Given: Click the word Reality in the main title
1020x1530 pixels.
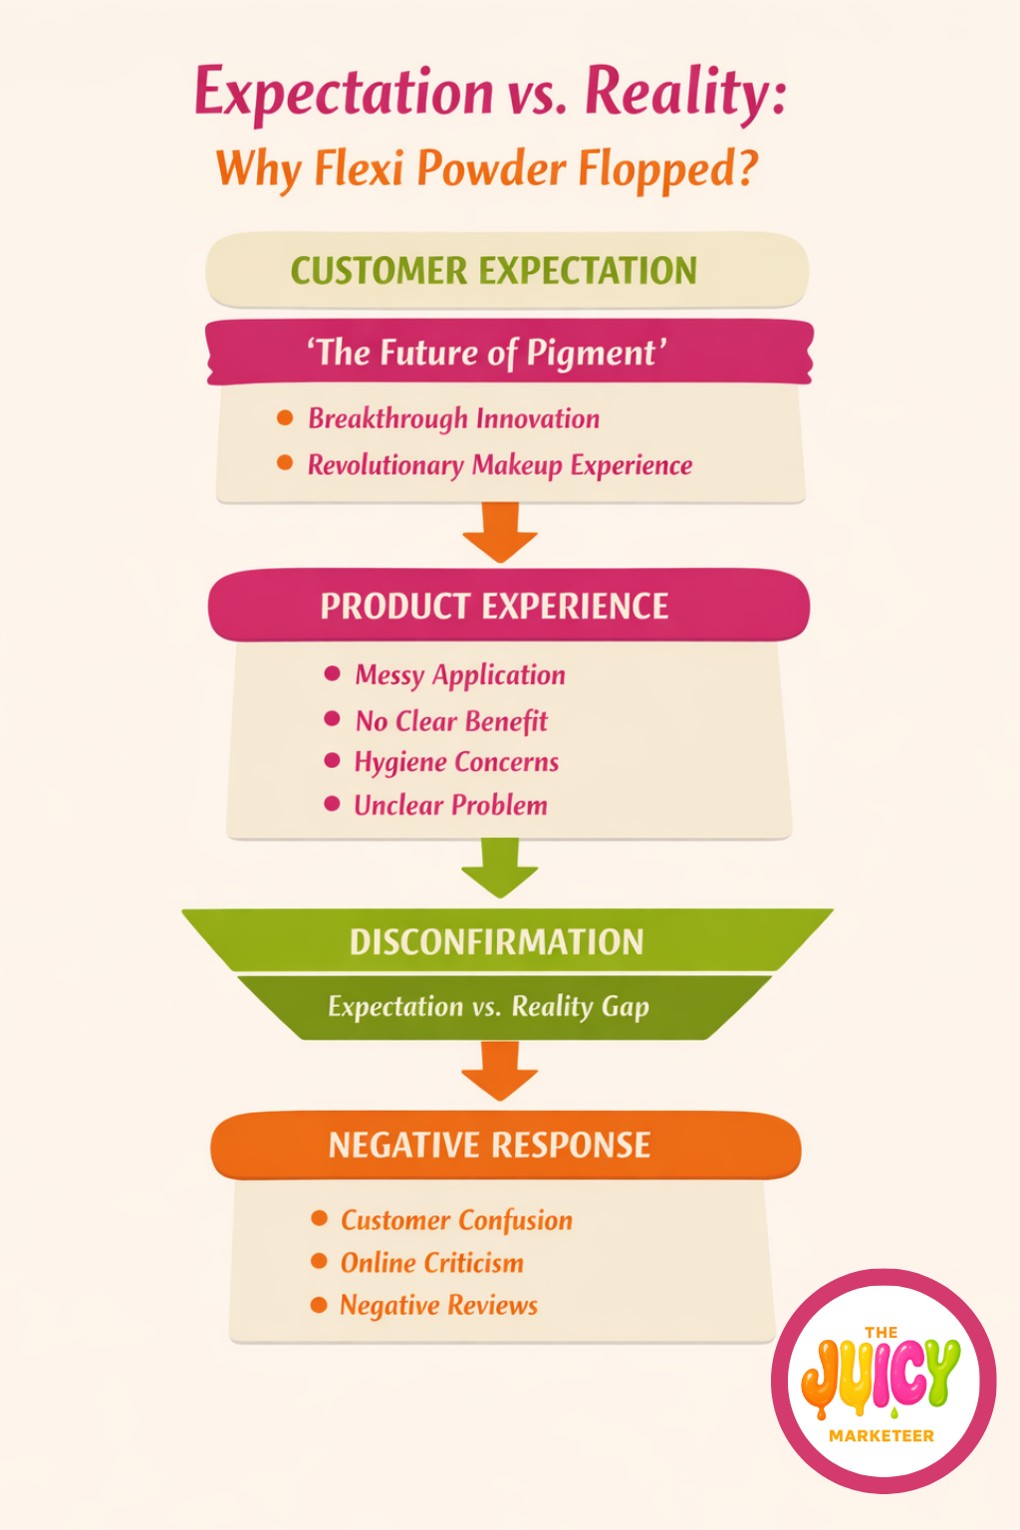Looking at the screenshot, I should (x=685, y=93).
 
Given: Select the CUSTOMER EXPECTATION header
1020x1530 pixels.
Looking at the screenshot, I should (x=494, y=271).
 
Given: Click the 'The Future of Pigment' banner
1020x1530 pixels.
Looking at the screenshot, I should (x=486, y=353).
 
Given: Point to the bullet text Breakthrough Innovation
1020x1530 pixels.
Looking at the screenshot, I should (x=454, y=418).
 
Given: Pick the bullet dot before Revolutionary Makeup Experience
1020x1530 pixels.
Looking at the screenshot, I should (x=285, y=463).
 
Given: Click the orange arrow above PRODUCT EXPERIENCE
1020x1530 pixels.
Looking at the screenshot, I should (x=500, y=532).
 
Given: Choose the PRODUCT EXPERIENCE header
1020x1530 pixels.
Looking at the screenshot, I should (x=494, y=606).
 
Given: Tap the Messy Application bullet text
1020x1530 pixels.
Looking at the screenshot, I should (x=460, y=675).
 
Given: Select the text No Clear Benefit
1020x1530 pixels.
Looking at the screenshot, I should (x=451, y=721).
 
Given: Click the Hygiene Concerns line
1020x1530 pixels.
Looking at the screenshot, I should (x=456, y=762).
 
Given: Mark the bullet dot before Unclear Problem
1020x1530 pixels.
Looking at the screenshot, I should (x=333, y=804).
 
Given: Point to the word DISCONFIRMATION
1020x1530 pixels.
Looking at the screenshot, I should (x=497, y=942).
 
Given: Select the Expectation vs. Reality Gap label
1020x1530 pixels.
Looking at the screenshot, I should (x=489, y=1007).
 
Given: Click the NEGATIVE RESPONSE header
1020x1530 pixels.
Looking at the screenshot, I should (x=490, y=1146).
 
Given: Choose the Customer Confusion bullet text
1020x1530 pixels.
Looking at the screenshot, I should (x=457, y=1220).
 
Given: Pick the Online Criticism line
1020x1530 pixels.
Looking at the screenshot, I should (x=432, y=1263).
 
